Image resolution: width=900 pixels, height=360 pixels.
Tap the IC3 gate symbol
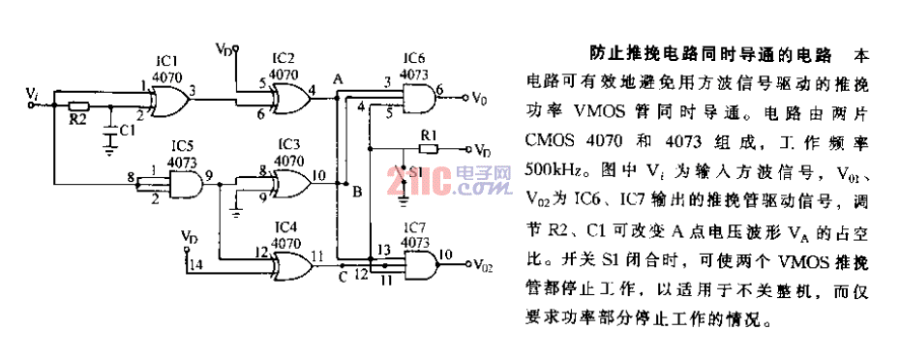[x=287, y=181]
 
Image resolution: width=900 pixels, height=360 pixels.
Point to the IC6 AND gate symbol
[x=417, y=96]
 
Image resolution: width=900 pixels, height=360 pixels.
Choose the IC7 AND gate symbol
[x=417, y=261]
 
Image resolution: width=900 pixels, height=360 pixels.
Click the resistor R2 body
[x=78, y=106]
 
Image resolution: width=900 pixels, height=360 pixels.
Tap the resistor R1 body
[x=429, y=150]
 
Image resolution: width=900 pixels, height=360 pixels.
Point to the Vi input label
[x=35, y=92]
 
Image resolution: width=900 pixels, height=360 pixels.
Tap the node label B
[x=356, y=192]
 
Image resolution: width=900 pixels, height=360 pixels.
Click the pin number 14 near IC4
[x=198, y=263]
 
